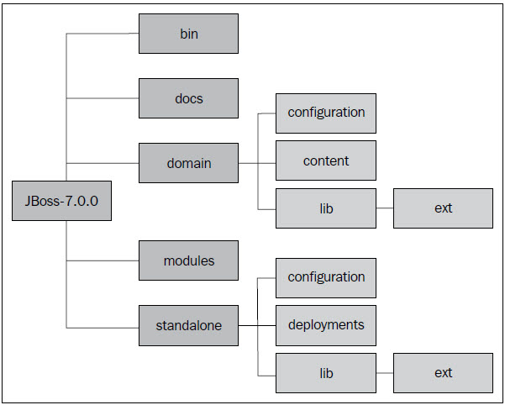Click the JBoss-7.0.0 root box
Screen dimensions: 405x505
tap(61, 201)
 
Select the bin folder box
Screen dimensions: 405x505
tap(188, 34)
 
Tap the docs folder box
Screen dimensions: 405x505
tap(188, 98)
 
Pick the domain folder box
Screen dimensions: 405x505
tap(188, 163)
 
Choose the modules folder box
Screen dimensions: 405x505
tap(188, 260)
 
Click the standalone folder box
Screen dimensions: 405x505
tap(188, 325)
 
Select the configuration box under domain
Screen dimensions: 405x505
tap(326, 113)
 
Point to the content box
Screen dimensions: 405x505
tap(326, 160)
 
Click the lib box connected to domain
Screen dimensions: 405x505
tap(326, 208)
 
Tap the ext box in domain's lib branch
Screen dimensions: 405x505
tap(443, 208)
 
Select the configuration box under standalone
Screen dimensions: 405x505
tap(326, 277)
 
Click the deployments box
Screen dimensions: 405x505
tap(326, 324)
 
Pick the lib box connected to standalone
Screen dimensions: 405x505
tap(326, 372)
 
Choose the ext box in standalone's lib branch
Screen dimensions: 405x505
tap(443, 372)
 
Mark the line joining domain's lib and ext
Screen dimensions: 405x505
tap(384, 208)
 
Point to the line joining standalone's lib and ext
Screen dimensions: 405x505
tap(384, 372)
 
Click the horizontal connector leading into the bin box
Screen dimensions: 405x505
tap(103, 34)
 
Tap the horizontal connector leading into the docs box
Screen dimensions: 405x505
tap(103, 98)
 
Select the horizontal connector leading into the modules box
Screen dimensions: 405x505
tap(103, 260)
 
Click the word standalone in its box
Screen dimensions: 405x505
tap(188, 325)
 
